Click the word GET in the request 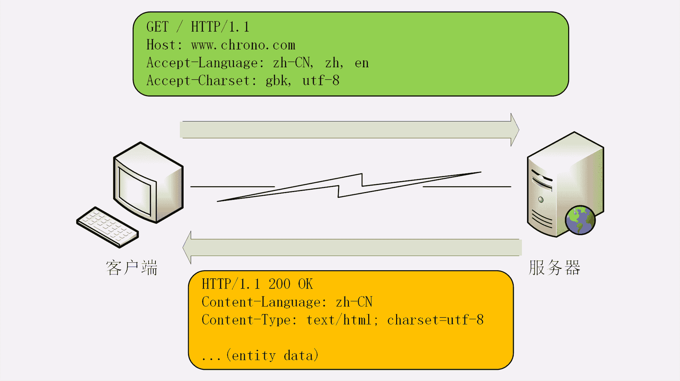click(157, 27)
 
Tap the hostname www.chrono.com click(243, 45)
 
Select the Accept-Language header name click(202, 63)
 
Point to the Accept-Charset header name click(199, 81)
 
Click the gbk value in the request click(277, 81)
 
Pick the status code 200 click(279, 284)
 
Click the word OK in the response click(305, 284)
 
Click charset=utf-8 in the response click(435, 320)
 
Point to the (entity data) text click(272, 356)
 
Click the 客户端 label click(132, 268)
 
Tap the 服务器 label click(555, 268)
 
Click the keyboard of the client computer click(107, 227)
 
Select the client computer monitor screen click(134, 190)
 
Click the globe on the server click(580, 220)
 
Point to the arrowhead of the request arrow click(514, 130)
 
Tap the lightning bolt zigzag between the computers click(350, 186)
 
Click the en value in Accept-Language click(362, 63)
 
